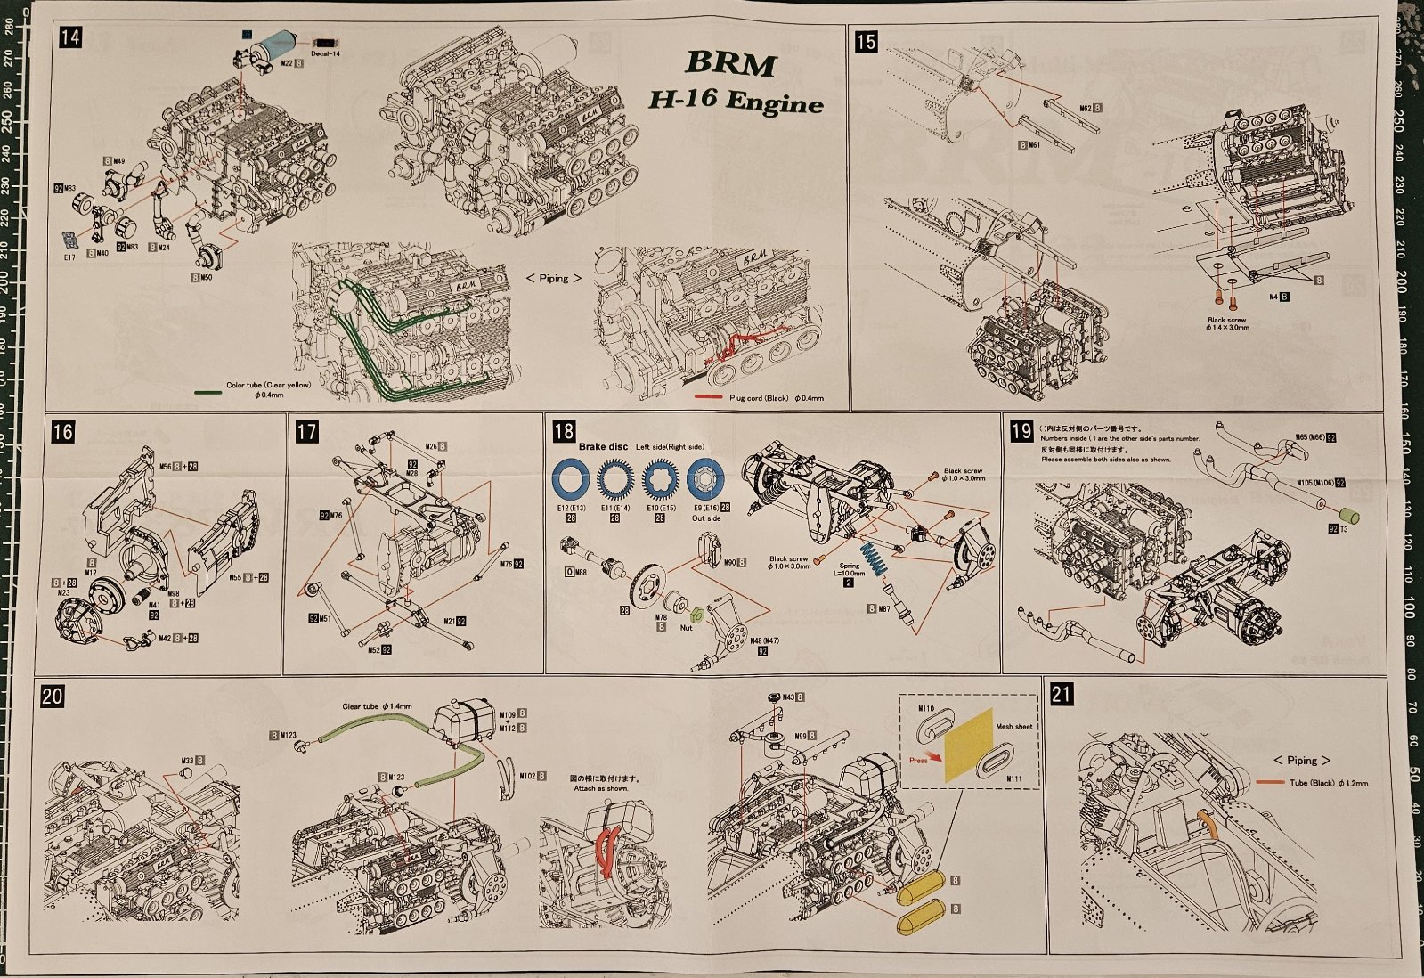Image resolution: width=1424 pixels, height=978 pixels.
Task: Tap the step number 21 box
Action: (1061, 694)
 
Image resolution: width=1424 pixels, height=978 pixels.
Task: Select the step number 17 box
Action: (305, 432)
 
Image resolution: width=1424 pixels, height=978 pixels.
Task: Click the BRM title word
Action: (730, 64)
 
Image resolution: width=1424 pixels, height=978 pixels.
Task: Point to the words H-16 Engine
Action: (735, 102)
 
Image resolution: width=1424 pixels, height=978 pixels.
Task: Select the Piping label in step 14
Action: (553, 279)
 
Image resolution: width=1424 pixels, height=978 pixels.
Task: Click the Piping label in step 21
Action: (1301, 760)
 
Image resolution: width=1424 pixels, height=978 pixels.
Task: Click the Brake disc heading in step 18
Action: (603, 446)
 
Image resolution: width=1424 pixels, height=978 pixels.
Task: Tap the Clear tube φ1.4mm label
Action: (377, 706)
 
